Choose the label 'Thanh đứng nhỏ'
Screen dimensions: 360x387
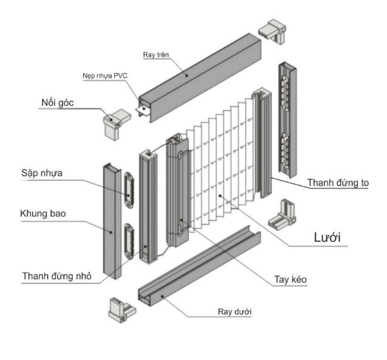click(x=57, y=275)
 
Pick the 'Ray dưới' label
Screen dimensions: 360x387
click(x=235, y=312)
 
